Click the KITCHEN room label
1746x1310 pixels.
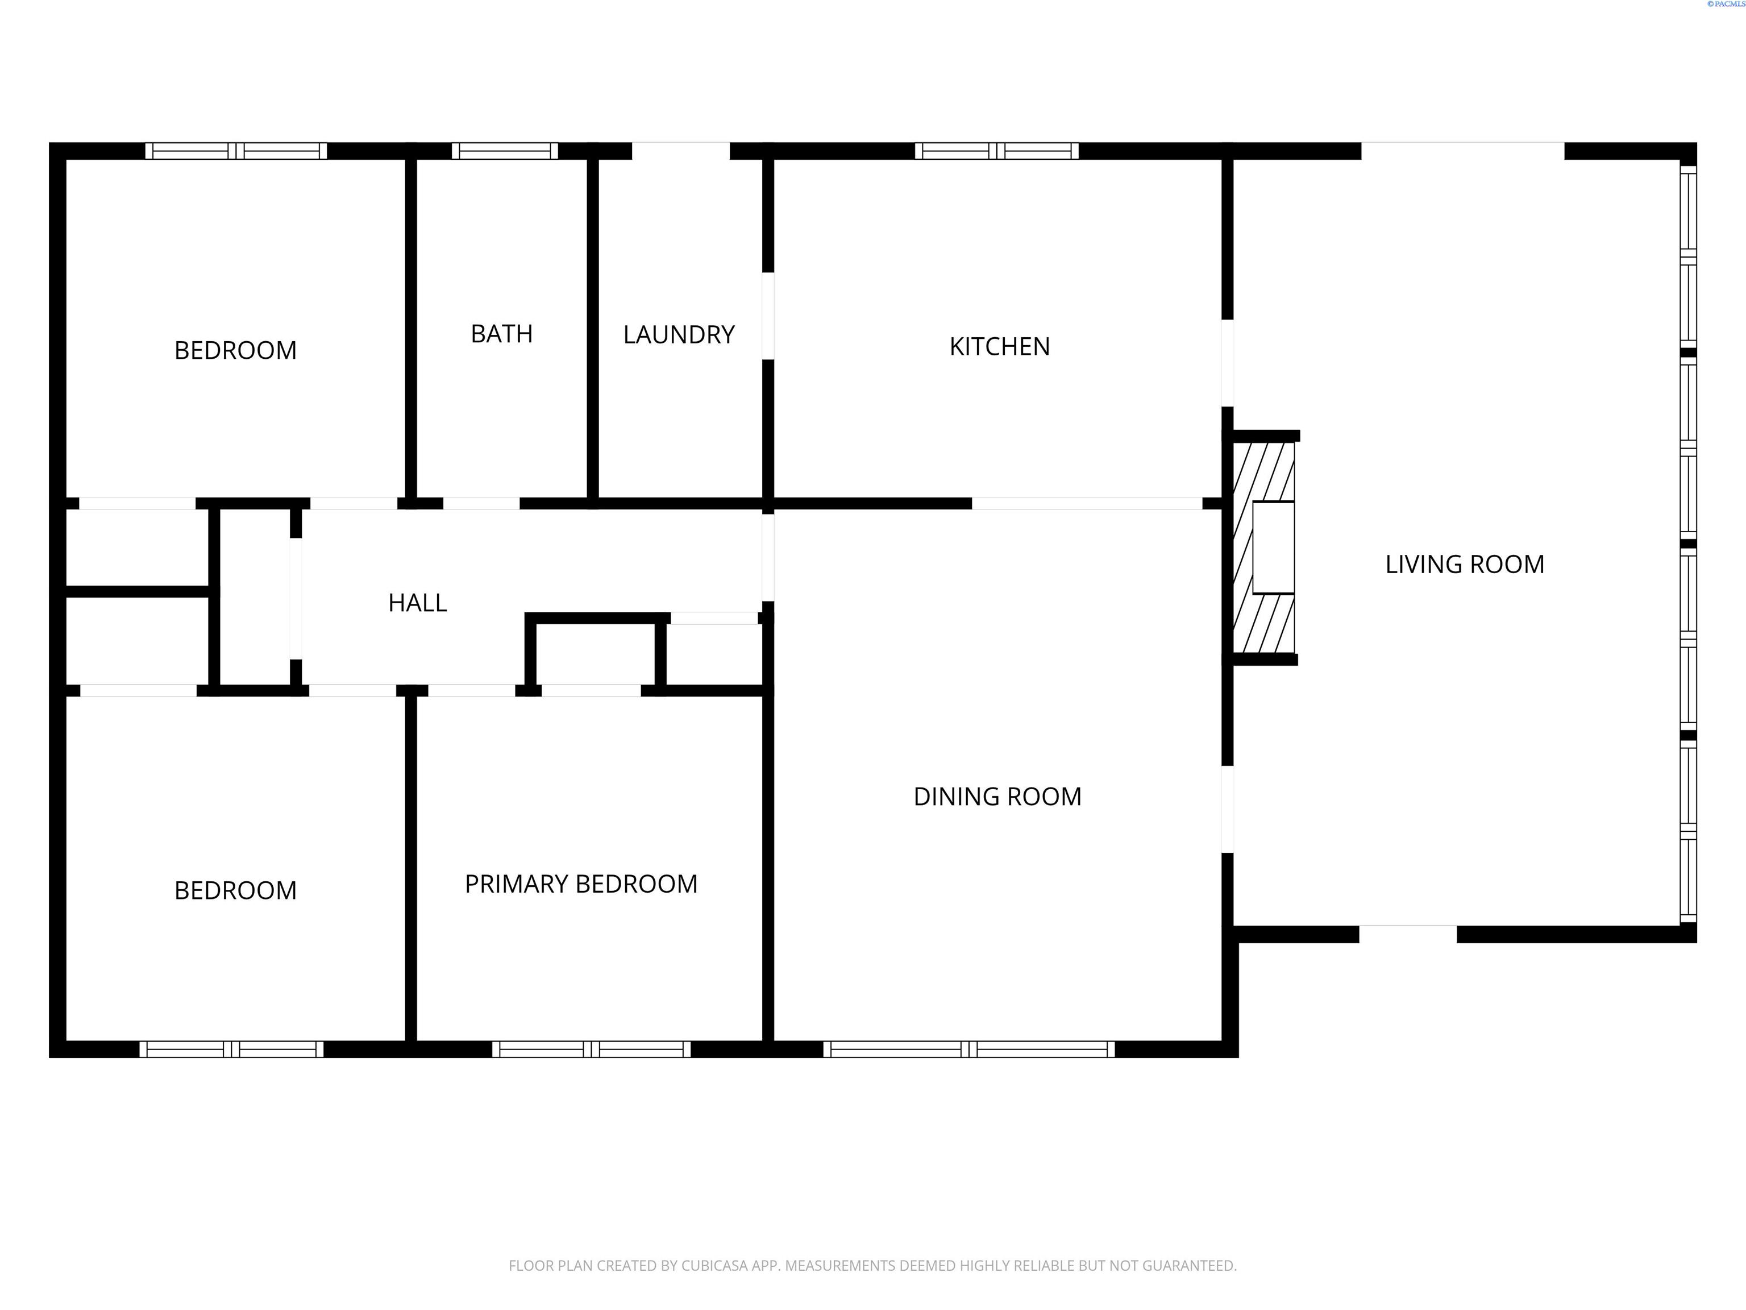999,347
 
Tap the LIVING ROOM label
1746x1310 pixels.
1464,564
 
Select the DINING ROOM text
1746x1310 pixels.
997,796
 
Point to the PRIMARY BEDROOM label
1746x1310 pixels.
581,884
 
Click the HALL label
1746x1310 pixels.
418,603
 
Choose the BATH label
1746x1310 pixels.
501,334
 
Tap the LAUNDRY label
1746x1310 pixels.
679,335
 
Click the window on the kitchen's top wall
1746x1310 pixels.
997,151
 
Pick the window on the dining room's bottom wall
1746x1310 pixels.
969,1050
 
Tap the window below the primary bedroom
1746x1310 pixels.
591,1050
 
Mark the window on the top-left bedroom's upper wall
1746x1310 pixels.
236,151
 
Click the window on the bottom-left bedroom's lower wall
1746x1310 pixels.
231,1050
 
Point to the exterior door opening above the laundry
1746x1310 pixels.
680,150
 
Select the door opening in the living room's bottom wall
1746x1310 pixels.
1407,934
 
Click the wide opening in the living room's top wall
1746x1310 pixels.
1462,150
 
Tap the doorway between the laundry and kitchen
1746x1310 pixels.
768,316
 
